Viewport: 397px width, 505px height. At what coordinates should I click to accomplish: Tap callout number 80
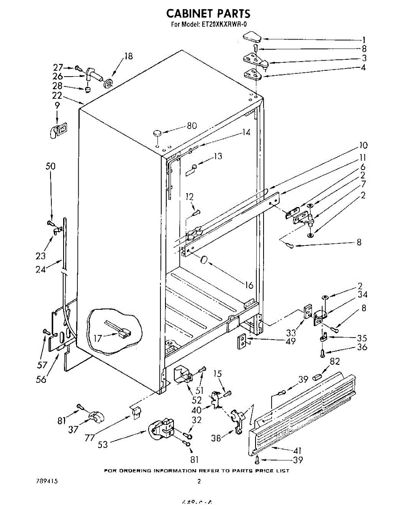tap(192, 125)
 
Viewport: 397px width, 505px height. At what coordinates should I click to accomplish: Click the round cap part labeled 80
tap(157, 133)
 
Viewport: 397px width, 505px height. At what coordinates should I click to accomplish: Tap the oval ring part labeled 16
tap(204, 260)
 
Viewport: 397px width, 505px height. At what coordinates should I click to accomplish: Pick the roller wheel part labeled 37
tap(96, 417)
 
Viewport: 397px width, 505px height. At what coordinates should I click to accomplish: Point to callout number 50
tap(50, 166)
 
